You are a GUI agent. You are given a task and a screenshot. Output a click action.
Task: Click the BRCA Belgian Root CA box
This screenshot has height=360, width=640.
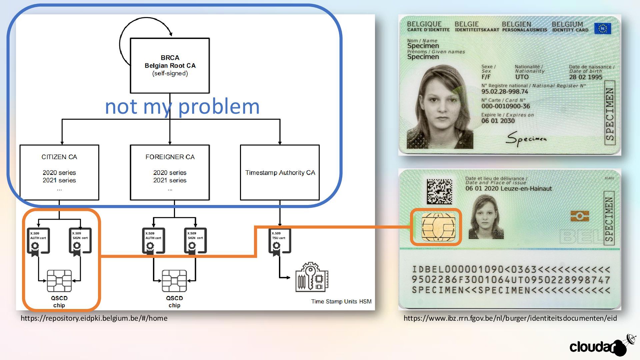tap(170, 65)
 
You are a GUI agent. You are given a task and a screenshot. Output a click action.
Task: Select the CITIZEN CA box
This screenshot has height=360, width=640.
tap(59, 172)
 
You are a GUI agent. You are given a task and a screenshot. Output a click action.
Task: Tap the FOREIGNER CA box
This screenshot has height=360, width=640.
tap(170, 172)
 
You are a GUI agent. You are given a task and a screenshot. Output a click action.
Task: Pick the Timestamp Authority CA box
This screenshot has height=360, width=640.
tap(280, 172)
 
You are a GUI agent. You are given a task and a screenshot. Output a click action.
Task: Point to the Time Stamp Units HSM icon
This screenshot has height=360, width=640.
tap(312, 277)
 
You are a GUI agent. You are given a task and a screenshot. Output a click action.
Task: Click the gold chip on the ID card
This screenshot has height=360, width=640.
tap(438, 227)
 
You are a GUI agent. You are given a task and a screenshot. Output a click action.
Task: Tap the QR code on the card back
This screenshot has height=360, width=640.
tap(439, 192)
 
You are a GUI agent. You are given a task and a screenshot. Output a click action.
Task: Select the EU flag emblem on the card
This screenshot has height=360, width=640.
tap(602, 28)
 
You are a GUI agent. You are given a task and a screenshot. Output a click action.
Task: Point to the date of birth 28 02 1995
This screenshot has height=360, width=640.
tap(585, 77)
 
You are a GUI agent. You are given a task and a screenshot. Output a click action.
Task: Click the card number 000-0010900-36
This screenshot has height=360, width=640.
tap(505, 106)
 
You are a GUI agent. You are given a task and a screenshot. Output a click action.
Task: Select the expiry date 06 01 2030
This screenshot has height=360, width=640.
tap(498, 121)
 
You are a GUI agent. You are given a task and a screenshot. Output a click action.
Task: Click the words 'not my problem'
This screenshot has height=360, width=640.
tap(182, 107)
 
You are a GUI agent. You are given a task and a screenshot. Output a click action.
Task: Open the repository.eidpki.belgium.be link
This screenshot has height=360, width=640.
tap(94, 318)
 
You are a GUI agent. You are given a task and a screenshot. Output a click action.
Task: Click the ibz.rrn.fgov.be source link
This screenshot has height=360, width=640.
tap(510, 318)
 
